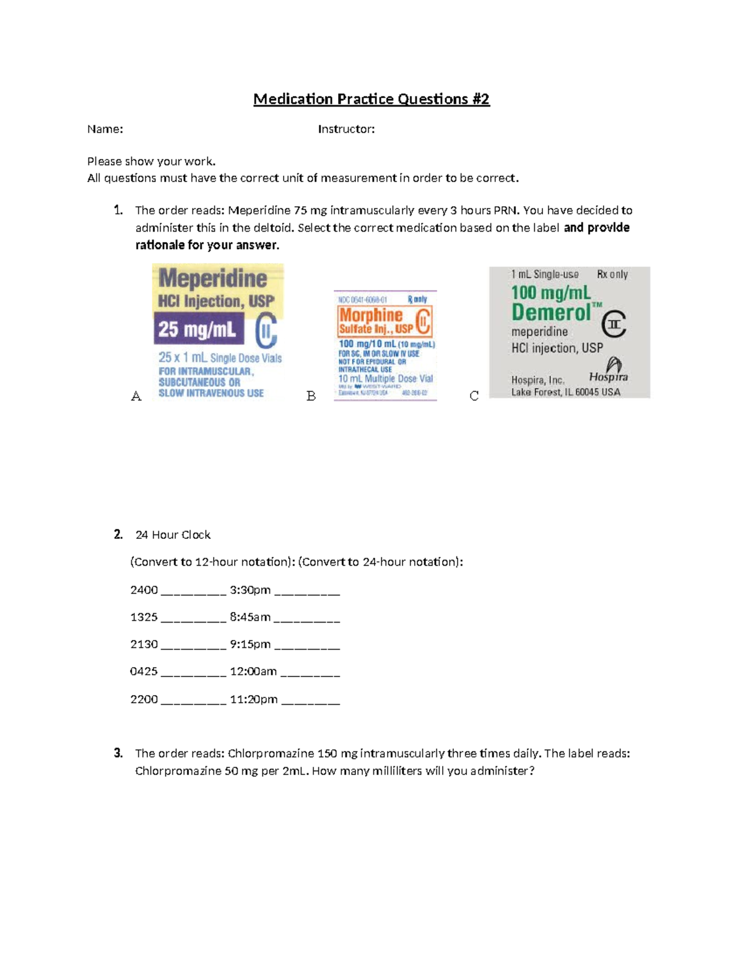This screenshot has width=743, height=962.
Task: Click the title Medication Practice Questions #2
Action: (371, 99)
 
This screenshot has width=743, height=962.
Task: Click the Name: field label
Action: (105, 129)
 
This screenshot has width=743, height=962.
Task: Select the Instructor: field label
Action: (346, 129)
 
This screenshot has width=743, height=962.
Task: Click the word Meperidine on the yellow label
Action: (213, 279)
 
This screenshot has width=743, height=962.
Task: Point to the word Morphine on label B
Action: (371, 315)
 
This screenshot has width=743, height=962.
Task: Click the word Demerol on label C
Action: (551, 313)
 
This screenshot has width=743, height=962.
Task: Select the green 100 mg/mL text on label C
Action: (550, 292)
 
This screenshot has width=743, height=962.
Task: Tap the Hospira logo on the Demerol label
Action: (609, 370)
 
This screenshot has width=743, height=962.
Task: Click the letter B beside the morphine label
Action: (311, 396)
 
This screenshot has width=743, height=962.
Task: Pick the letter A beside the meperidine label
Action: (136, 396)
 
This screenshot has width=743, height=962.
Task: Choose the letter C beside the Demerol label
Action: (474, 396)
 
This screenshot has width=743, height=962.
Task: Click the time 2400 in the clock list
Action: (144, 590)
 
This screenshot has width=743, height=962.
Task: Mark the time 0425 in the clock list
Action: (144, 671)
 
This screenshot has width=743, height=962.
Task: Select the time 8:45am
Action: (250, 617)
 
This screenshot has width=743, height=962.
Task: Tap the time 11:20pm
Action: (253, 699)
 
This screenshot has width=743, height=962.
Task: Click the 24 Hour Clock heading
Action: (173, 535)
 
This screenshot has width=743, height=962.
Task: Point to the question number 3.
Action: (118, 753)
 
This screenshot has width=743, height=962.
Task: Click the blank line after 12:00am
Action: (310, 673)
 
